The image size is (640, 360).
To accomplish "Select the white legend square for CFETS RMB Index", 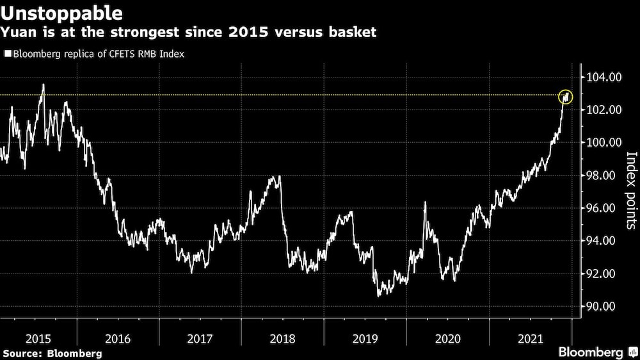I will [x=7, y=54].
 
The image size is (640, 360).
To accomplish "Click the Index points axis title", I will [x=631, y=190].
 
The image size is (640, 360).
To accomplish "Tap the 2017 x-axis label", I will [x=200, y=337].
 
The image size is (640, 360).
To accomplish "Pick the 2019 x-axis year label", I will [x=365, y=337].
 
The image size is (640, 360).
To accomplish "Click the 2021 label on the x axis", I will [x=529, y=337].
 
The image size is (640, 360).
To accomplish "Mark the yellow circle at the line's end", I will [x=566, y=97].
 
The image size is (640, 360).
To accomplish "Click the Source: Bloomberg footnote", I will [x=52, y=353].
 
